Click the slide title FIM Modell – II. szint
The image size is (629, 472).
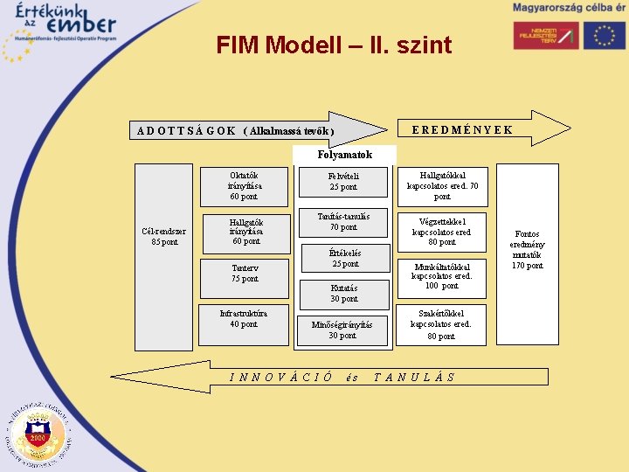[334, 45]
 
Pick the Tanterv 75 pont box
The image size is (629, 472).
[245, 274]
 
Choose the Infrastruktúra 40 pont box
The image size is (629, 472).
[244, 318]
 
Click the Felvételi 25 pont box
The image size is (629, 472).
[343, 182]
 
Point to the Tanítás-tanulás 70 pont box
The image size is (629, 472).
[343, 222]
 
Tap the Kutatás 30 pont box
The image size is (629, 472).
[344, 293]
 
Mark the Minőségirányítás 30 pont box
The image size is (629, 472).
[342, 330]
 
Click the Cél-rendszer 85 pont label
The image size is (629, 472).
[163, 236]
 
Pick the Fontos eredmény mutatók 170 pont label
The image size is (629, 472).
[527, 250]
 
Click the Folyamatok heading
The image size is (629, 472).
[345, 155]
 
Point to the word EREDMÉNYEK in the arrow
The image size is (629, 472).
[461, 130]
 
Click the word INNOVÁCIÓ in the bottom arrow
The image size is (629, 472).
[280, 378]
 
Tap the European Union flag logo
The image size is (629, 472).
[605, 35]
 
